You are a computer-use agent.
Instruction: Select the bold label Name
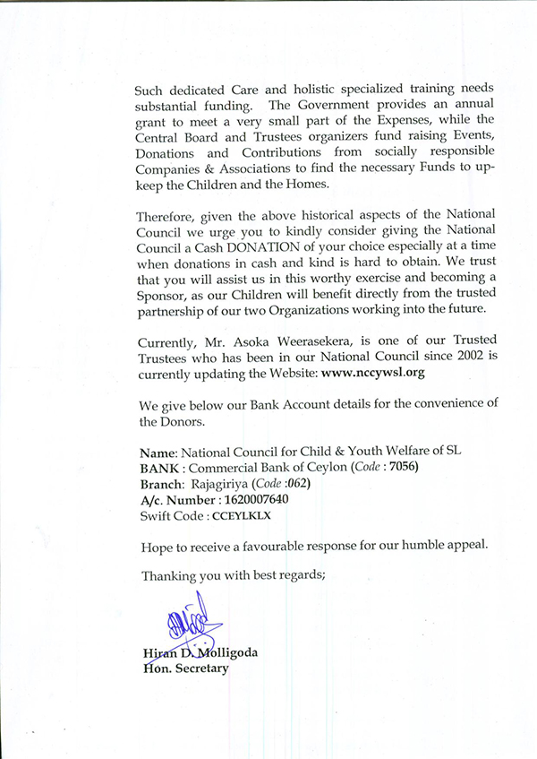158,452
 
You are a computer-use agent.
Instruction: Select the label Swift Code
172,517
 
